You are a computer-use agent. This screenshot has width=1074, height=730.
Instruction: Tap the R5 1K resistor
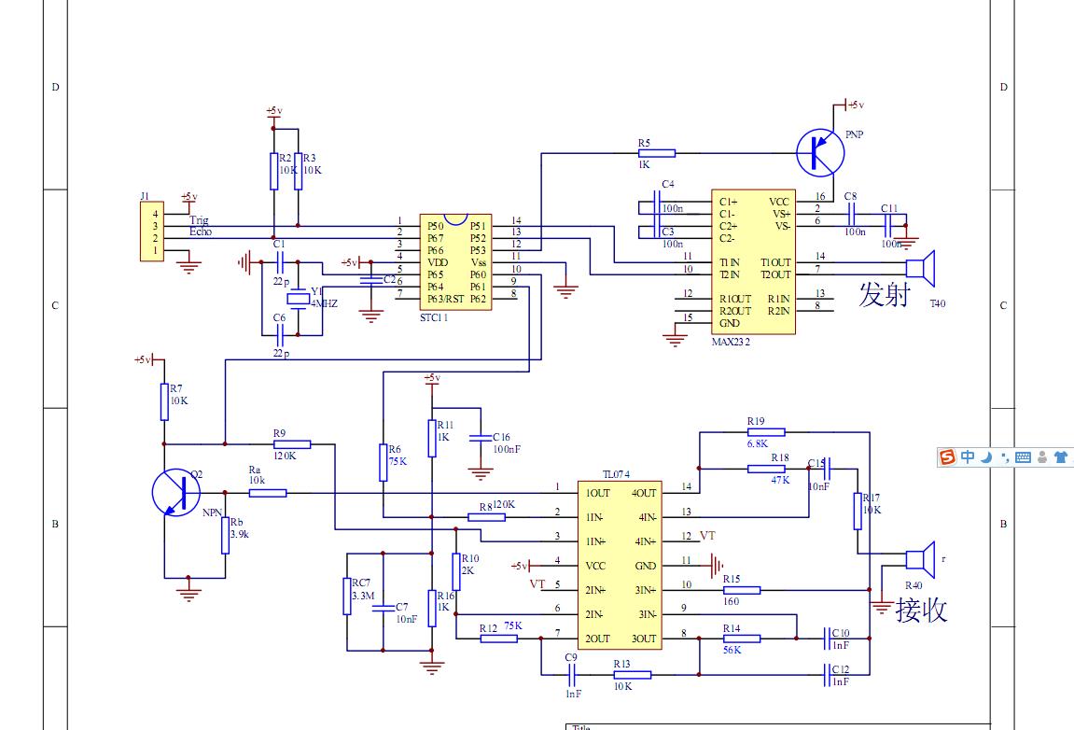coord(657,151)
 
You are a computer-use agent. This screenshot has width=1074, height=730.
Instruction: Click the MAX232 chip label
coord(731,342)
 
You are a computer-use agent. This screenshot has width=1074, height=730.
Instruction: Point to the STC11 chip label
coord(434,318)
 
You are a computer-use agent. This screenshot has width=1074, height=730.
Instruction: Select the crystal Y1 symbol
coord(298,300)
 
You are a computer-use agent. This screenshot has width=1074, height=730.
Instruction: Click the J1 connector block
coord(148,232)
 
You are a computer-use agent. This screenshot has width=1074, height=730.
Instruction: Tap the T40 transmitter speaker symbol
coord(922,268)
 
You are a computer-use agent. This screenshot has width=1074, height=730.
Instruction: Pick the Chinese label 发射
coord(884,295)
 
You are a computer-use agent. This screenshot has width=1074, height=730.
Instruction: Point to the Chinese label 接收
coord(921,610)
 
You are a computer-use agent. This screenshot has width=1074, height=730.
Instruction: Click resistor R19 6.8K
coord(766,432)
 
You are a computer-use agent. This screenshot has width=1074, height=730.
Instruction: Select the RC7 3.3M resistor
coord(347,596)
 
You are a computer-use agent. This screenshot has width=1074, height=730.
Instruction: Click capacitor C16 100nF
coord(481,438)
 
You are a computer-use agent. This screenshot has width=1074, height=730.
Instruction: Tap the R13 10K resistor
coord(632,674)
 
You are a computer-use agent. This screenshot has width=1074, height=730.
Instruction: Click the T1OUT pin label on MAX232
coord(774,262)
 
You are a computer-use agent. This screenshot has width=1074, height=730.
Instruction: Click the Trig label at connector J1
coord(199,221)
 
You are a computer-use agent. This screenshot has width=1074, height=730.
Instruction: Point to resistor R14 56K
coord(742,639)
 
